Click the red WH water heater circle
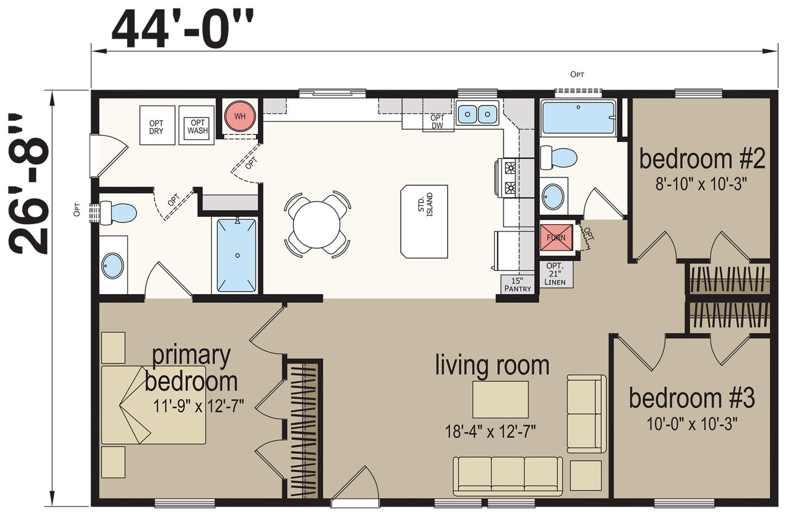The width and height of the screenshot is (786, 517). pyautogui.click(x=240, y=116)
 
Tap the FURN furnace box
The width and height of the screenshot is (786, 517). pyautogui.click(x=556, y=238)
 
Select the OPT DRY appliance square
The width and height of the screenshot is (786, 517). pyautogui.click(x=157, y=125)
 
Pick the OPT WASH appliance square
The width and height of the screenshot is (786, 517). pyautogui.click(x=196, y=125)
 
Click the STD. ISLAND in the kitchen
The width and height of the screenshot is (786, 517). pyautogui.click(x=424, y=222)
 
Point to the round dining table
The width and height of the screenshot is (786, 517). pyautogui.click(x=316, y=225)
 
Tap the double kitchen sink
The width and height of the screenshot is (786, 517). pyautogui.click(x=477, y=114)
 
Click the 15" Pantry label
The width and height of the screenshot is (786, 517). pyautogui.click(x=518, y=284)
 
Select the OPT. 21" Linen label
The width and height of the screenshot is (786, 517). pyautogui.click(x=554, y=274)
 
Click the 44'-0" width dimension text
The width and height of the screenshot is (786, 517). pyautogui.click(x=182, y=29)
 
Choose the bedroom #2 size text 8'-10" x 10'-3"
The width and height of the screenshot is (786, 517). pyautogui.click(x=701, y=184)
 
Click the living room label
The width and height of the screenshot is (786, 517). pyautogui.click(x=492, y=365)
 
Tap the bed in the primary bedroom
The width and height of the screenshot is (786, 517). pyautogui.click(x=154, y=405)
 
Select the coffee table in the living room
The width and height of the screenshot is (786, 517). pyautogui.click(x=500, y=400)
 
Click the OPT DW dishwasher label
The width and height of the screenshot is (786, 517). pyautogui.click(x=438, y=122)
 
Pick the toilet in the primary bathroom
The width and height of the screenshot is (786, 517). pyautogui.click(x=119, y=212)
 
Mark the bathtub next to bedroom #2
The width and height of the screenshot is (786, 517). pyautogui.click(x=578, y=118)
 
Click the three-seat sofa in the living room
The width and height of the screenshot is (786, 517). pyautogui.click(x=508, y=476)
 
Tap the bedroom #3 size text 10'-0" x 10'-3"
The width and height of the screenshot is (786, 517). pyautogui.click(x=692, y=424)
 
